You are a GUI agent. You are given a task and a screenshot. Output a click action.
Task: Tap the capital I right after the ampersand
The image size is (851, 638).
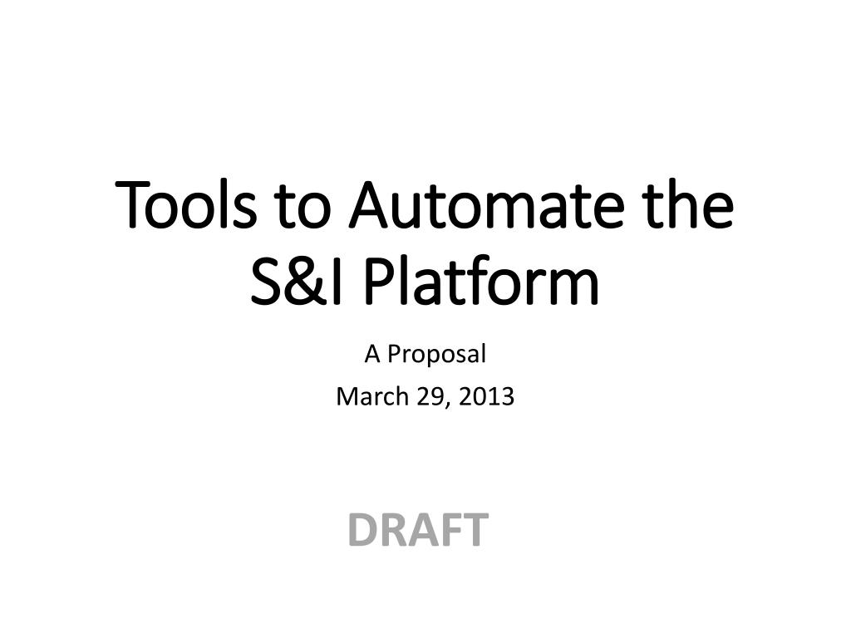[338, 282]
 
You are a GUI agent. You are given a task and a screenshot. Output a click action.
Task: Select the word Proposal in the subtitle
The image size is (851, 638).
[436, 355]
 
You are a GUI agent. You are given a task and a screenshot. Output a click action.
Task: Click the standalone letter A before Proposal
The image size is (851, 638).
[372, 355]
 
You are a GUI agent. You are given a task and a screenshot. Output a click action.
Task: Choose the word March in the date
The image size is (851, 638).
[372, 396]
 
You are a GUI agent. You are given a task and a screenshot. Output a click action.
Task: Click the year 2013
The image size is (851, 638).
[486, 397]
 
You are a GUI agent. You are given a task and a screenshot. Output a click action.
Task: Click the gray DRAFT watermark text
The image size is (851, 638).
[419, 529]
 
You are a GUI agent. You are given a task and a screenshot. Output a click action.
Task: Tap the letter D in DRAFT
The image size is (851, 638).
[363, 529]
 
